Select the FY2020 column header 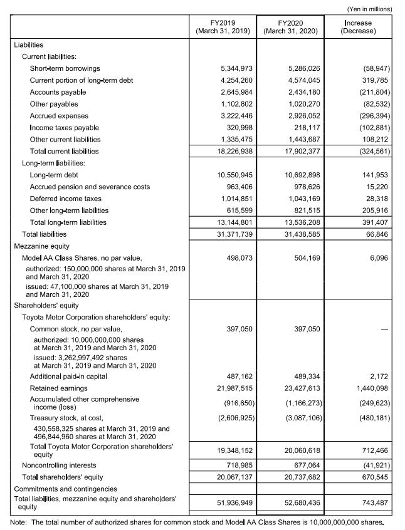pyautogui.click(x=290, y=28)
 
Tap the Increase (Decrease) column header pyautogui.click(x=358, y=28)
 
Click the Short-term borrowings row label pyautogui.click(x=65, y=68)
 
